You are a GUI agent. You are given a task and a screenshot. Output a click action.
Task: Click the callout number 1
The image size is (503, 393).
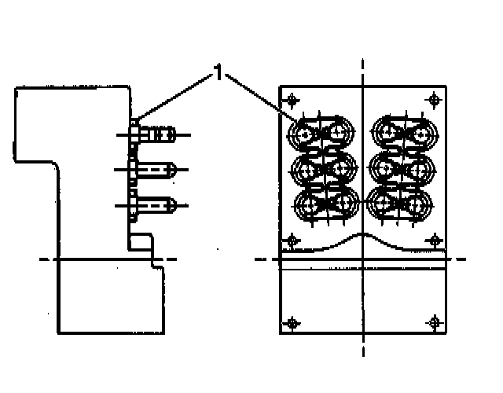coord(218,77)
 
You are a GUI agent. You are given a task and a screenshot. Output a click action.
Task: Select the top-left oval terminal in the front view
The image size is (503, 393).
coord(321,131)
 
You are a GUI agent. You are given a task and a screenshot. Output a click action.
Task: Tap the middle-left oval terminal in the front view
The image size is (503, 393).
coord(321,168)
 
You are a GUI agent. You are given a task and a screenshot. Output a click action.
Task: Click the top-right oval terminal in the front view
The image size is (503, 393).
coord(405,131)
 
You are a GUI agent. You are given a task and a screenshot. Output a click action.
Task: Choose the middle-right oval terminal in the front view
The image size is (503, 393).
coord(405,168)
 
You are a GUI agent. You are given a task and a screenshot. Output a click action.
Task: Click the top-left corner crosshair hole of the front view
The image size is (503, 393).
coord(293,100)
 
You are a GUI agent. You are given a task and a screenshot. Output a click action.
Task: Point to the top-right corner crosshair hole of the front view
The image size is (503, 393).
coord(435,100)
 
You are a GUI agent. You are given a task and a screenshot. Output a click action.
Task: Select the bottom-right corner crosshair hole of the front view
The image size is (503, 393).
coord(435,322)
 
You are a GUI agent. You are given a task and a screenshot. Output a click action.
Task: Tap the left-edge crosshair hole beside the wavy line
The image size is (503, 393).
coord(293,239)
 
